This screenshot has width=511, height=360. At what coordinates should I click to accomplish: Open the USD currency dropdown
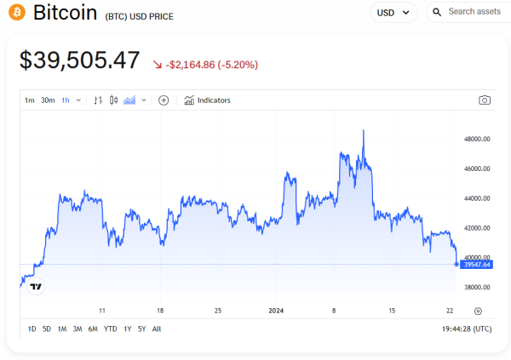click(394, 13)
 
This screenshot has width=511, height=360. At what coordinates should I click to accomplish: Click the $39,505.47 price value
click(79, 60)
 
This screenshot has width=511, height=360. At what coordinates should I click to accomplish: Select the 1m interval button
click(30, 100)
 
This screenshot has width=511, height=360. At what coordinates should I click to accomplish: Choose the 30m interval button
click(48, 100)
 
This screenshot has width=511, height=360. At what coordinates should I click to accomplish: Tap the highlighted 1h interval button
click(66, 100)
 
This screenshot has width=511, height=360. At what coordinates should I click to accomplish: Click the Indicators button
click(208, 100)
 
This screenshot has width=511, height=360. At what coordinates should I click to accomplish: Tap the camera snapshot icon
click(485, 100)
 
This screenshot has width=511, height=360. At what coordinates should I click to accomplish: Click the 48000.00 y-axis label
click(476, 139)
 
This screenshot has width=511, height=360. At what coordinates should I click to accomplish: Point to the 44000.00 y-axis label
click(476, 198)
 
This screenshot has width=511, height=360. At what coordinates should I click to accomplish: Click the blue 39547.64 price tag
click(476, 265)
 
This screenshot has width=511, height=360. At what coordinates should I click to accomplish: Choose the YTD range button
click(111, 329)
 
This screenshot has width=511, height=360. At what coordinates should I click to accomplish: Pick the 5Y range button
click(141, 329)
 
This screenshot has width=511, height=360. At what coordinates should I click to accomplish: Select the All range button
click(157, 329)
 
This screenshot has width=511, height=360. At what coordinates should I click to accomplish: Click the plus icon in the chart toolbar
click(164, 100)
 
